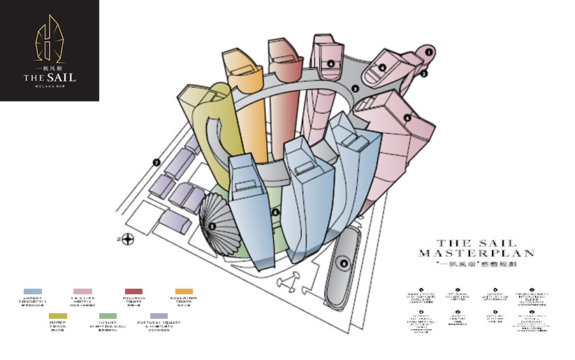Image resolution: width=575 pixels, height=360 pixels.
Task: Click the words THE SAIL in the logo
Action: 49,77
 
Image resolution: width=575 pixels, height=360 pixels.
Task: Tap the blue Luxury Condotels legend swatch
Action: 33,291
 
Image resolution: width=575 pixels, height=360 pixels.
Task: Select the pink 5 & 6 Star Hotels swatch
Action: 82,291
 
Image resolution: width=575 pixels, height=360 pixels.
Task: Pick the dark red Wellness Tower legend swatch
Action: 133,291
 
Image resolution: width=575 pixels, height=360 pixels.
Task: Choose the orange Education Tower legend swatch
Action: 184,291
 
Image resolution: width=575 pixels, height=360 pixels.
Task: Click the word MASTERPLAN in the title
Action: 476,253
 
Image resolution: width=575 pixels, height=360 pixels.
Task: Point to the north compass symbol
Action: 129,240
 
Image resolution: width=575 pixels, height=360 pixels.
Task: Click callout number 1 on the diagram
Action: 428,51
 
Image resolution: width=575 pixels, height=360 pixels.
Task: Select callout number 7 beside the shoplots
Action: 157,163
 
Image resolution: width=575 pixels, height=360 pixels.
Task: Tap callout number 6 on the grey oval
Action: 343,263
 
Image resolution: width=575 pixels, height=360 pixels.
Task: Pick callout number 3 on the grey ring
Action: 355,89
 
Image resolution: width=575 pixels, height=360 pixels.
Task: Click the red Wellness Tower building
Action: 282,98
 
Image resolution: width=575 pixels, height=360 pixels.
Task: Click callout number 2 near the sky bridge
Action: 423,73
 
